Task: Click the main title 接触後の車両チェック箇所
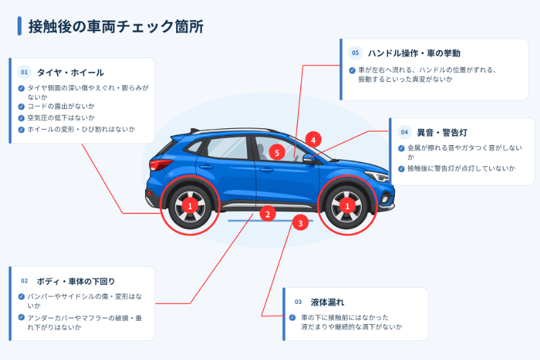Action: point(115,26)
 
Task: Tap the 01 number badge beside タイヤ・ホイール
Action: point(24,72)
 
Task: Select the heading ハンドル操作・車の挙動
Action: point(414,53)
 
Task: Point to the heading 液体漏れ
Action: point(327,303)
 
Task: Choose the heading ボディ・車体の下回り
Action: point(76,282)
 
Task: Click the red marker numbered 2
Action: point(267,214)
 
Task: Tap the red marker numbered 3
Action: point(300,223)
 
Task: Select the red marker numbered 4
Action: point(313,140)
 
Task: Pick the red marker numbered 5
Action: point(277,153)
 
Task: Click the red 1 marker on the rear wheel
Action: point(190,206)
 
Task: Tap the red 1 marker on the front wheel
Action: point(347,206)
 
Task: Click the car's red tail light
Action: point(160,164)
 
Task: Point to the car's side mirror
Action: point(308,159)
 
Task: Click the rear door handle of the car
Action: point(206,167)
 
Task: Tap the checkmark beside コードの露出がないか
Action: point(22,107)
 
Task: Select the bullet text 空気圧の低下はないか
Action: point(61,118)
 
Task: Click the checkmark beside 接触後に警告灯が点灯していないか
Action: point(401,169)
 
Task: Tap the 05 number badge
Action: point(355,53)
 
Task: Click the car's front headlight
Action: point(377,176)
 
